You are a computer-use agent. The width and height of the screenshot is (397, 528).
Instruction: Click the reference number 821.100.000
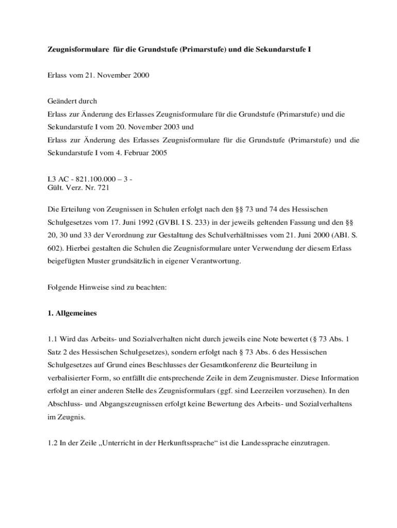(93, 179)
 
